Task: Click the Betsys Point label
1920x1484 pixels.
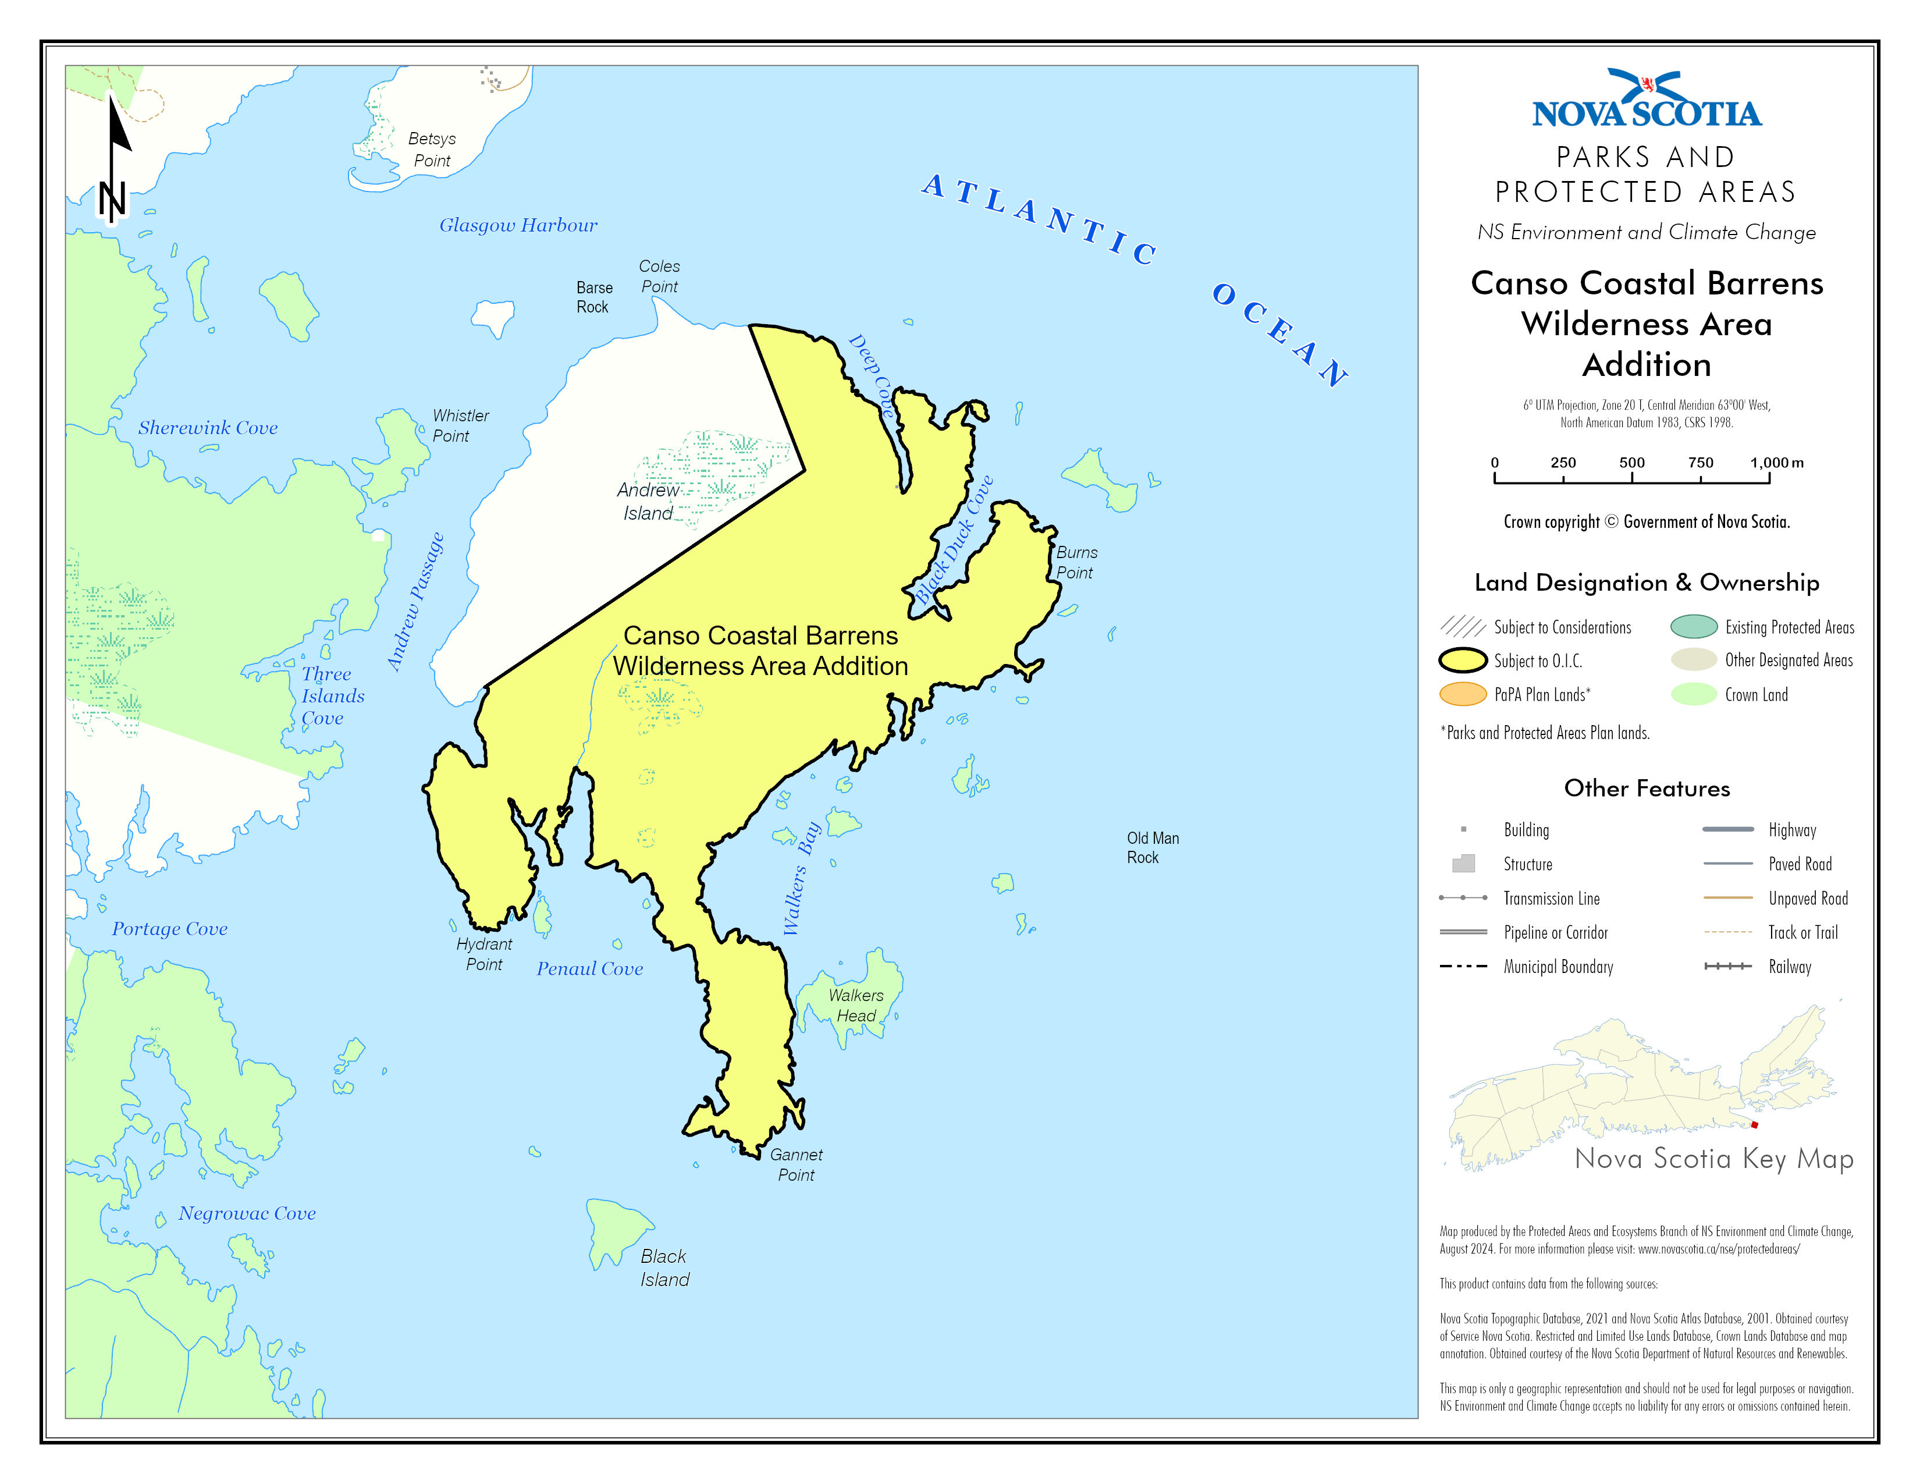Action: pos(432,150)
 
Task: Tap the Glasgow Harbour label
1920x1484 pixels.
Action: pos(518,225)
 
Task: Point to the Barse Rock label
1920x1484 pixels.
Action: pos(594,297)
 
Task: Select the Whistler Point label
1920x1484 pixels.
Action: pos(460,425)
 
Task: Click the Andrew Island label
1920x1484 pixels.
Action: pos(648,501)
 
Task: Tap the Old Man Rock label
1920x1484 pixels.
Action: pos(1153,847)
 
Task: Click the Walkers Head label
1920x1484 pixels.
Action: pos(855,1005)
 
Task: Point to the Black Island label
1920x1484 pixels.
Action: pos(664,1268)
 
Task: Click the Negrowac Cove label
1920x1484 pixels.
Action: pos(247,1213)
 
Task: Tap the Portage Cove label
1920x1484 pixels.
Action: pos(170,928)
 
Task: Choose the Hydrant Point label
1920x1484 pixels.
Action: pos(483,954)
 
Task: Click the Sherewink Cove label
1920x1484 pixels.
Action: pos(208,427)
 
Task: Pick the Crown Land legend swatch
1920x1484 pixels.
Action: pos(1693,694)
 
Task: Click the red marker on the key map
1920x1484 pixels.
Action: pos(1754,1124)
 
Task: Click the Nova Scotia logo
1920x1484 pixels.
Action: pos(1647,100)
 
